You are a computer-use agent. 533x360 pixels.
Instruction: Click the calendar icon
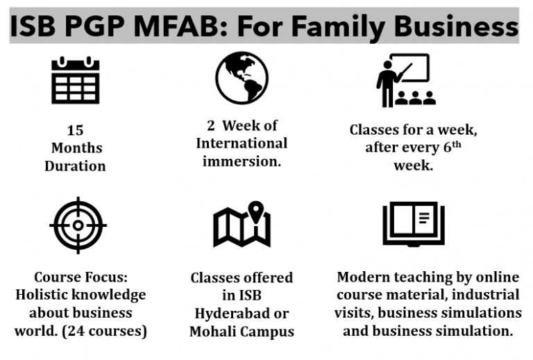tap(76, 81)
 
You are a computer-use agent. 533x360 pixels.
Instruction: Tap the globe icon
tap(241, 78)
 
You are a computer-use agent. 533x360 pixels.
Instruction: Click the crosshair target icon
tap(77, 225)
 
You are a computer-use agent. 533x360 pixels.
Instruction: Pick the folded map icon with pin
tap(242, 225)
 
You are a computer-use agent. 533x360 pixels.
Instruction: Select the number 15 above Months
tap(75, 130)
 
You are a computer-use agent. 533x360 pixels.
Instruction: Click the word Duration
tap(75, 166)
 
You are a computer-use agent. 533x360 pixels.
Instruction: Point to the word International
tap(241, 144)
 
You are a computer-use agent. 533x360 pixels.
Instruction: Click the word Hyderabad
tap(242, 314)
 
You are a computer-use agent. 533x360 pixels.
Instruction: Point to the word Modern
tap(364, 277)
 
